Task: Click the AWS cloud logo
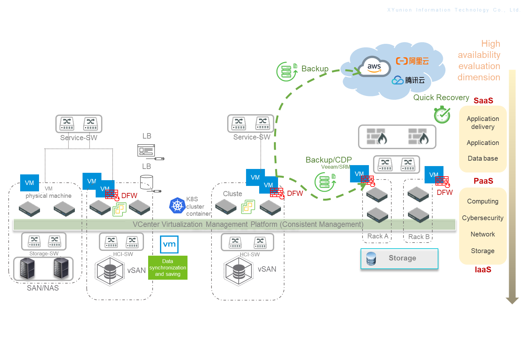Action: pyautogui.click(x=374, y=67)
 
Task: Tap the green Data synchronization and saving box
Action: pyautogui.click(x=168, y=268)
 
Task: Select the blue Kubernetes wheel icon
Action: pyautogui.click(x=177, y=205)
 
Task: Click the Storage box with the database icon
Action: pyautogui.click(x=399, y=259)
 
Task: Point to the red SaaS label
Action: pyautogui.click(x=483, y=101)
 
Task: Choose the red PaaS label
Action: pyautogui.click(x=483, y=181)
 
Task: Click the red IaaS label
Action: pyautogui.click(x=483, y=270)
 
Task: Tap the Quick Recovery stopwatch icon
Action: pyautogui.click(x=442, y=115)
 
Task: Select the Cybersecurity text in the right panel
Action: pyautogui.click(x=482, y=218)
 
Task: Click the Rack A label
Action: pyautogui.click(x=378, y=236)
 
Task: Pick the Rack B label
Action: pyautogui.click(x=419, y=237)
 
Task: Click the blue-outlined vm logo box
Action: pyautogui.click(x=169, y=244)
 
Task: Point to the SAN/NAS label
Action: pyautogui.click(x=43, y=288)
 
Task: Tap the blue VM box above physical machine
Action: pyautogui.click(x=29, y=183)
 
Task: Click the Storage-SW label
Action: pyautogui.click(x=44, y=253)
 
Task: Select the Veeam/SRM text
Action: pyautogui.click(x=336, y=167)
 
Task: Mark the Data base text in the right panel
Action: pyautogui.click(x=482, y=158)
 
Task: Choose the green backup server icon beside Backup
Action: pyautogui.click(x=287, y=71)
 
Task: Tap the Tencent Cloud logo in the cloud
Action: pyautogui.click(x=408, y=80)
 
